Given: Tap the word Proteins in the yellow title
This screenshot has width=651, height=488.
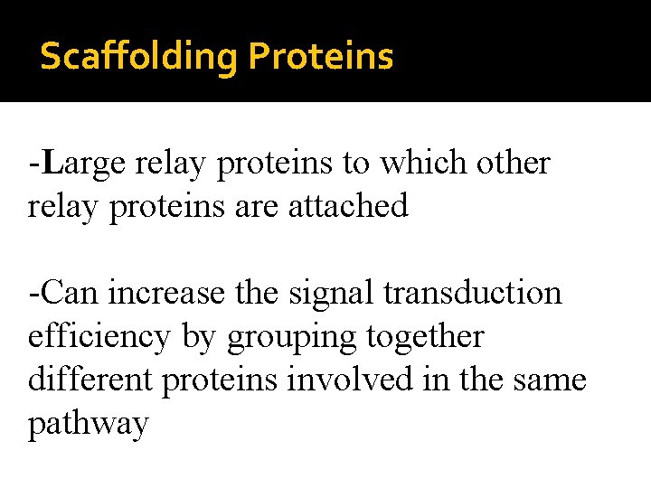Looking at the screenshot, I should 321,57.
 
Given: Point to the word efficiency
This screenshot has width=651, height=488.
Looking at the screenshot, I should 99,337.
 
